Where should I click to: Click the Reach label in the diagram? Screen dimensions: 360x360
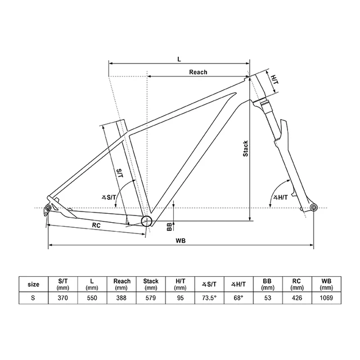198,72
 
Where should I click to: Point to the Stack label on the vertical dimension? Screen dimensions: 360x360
245,148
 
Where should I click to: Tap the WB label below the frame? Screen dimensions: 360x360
181,240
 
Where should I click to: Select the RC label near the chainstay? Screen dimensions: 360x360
96,225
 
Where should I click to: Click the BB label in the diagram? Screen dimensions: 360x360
169,226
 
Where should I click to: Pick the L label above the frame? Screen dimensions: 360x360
179,58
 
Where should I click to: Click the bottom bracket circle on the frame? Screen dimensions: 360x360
147,220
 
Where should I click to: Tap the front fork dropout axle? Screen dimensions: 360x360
313,208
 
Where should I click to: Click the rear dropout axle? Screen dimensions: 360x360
48,209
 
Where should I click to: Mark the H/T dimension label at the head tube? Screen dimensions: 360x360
274,80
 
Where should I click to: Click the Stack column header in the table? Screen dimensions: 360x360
151,284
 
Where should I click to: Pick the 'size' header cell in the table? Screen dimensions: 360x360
33,284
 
